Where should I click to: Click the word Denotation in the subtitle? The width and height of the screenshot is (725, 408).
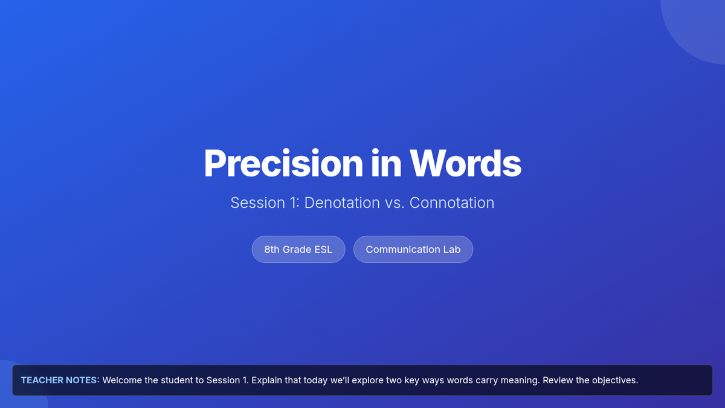pyautogui.click(x=342, y=203)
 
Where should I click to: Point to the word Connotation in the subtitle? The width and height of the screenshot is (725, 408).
pyautogui.click(x=452, y=203)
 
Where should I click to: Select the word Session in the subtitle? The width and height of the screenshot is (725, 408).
pyautogui.click(x=257, y=203)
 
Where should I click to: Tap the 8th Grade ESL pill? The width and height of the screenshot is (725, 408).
pyautogui.click(x=298, y=249)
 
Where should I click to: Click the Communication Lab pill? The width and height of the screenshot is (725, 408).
pyautogui.click(x=413, y=249)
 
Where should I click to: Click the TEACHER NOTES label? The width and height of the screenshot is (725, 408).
pyautogui.click(x=60, y=380)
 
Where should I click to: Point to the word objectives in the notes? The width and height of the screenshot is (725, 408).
pyautogui.click(x=615, y=381)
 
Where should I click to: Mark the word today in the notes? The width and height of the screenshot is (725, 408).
pyautogui.click(x=315, y=381)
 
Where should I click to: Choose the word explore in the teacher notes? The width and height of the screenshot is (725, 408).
pyautogui.click(x=368, y=381)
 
